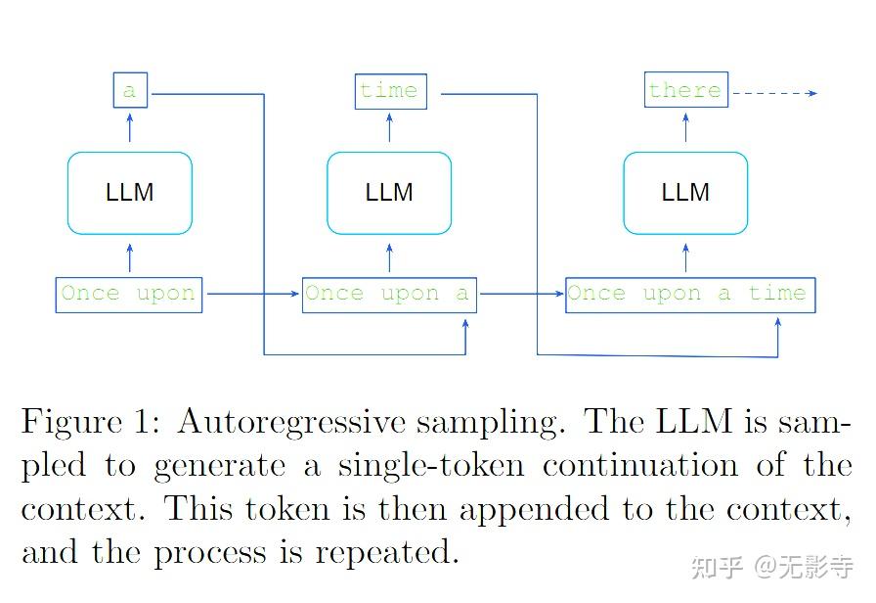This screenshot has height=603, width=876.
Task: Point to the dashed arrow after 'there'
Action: pyautogui.click(x=775, y=93)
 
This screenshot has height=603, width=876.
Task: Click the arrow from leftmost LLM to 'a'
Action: pyautogui.click(x=130, y=127)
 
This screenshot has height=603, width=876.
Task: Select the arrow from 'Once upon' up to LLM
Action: pyautogui.click(x=130, y=258)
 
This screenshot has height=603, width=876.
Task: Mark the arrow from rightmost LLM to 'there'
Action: pyautogui.click(x=686, y=127)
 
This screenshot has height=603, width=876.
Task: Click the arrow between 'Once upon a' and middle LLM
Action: pyautogui.click(x=389, y=258)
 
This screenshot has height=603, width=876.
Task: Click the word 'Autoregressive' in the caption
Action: pyautogui.click(x=291, y=422)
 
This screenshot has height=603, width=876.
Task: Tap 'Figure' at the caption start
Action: pyautogui.click(x=71, y=422)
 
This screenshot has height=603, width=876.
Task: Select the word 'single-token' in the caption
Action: pyautogui.click(x=431, y=466)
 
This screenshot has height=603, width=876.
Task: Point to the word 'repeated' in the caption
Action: pyautogui.click(x=386, y=553)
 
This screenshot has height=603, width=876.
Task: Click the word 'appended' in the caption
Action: pyautogui.click(x=534, y=510)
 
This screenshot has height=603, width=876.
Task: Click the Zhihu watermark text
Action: pyautogui.click(x=771, y=567)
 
